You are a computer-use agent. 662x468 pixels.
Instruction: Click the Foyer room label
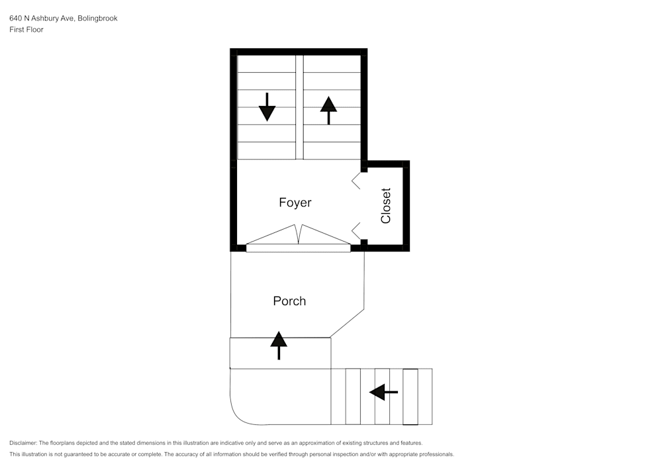pos(295,203)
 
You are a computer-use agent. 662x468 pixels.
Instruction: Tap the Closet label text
pos(386,206)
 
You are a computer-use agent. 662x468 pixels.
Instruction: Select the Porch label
pos(289,301)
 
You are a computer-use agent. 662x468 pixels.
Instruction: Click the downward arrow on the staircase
pos(267,107)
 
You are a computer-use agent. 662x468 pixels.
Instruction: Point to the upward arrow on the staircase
pos(328,110)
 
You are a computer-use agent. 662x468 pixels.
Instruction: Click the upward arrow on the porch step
pos(279,346)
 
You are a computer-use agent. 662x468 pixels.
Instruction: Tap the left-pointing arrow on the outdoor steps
pos(383,393)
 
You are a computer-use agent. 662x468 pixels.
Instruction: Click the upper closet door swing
pos(355,180)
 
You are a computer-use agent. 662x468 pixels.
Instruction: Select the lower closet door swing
pos(355,231)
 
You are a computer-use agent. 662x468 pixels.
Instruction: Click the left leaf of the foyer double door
pos(271,236)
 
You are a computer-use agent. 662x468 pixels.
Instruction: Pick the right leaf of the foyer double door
pos(324,236)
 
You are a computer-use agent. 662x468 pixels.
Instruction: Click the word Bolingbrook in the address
pos(97,19)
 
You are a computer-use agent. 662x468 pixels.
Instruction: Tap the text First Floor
pos(26,30)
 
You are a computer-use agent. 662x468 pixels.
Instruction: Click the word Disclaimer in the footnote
pos(23,443)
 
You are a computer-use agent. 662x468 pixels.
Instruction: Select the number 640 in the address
pos(16,19)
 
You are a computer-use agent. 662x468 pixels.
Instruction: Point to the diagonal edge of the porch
pos(348,323)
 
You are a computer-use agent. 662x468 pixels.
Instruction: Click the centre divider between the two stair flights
pos(299,107)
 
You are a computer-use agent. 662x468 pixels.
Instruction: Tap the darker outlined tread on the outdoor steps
pos(410,397)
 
